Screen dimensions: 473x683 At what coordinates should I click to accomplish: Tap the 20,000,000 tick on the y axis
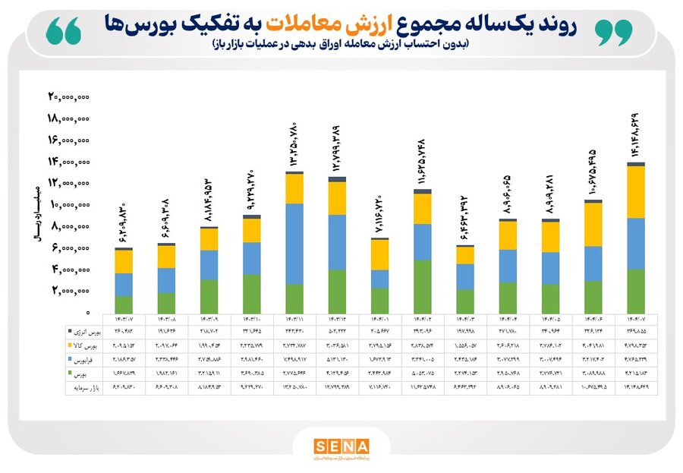click(70, 97)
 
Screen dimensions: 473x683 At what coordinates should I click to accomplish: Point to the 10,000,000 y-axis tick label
click(70, 204)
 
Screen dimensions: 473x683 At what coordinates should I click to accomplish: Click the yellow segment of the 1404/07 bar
click(637, 192)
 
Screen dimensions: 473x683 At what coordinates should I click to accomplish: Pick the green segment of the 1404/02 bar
click(422, 287)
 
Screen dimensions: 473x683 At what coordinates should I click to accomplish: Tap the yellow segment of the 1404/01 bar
click(379, 254)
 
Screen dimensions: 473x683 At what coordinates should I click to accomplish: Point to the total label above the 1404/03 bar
click(464, 219)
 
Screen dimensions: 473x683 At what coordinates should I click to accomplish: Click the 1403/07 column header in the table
click(124, 319)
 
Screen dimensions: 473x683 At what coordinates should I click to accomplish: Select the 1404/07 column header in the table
click(636, 319)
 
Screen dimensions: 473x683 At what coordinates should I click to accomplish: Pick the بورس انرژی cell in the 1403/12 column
click(337, 331)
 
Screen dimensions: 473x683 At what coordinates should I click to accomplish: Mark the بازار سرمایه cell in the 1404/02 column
click(422, 387)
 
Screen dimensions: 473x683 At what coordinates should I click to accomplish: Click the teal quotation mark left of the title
click(64, 30)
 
